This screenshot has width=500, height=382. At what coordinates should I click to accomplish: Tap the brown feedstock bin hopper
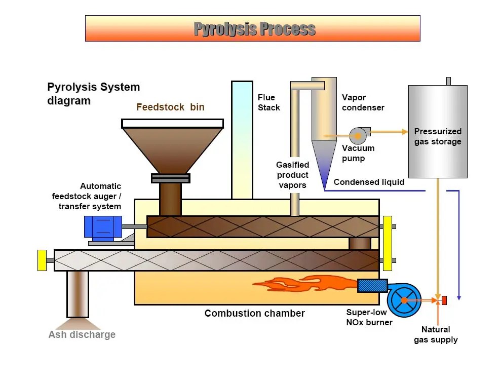(x=172, y=147)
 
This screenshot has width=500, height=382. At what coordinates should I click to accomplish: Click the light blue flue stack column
(x=242, y=139)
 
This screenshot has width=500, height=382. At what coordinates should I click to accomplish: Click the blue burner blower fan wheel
(x=404, y=300)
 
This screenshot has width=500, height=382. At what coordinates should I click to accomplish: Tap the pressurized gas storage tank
(x=438, y=132)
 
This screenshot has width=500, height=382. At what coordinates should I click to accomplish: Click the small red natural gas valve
(x=444, y=300)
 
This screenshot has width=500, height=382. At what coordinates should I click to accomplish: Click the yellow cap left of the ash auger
(x=42, y=260)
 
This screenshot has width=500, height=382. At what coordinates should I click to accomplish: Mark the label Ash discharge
(x=82, y=334)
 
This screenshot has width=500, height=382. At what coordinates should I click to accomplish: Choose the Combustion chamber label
(x=254, y=313)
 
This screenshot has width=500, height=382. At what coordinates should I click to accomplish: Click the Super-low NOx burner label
(x=369, y=317)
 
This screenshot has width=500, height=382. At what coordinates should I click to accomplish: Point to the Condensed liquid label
(x=369, y=182)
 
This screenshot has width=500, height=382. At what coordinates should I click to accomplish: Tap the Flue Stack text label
(x=268, y=102)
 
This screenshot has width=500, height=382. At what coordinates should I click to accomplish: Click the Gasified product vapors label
(x=292, y=175)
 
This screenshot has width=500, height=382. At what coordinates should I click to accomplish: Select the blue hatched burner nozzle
(x=372, y=286)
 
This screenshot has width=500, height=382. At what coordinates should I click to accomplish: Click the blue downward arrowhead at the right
(x=459, y=297)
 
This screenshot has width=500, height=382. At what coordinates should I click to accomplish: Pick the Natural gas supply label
(x=436, y=334)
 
